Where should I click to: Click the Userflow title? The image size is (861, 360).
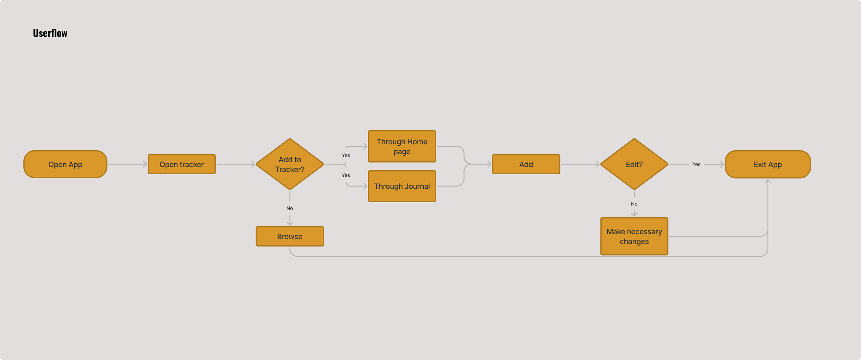pos(50,33)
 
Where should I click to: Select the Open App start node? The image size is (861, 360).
pos(65,164)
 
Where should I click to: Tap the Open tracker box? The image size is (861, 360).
pos(181,164)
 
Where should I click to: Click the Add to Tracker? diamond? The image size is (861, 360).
pos(290,164)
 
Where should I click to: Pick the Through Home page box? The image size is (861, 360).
pos(402,146)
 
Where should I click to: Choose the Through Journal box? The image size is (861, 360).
pos(402,186)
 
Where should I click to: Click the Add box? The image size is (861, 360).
pos(526,164)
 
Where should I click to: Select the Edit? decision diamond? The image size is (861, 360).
pos(634,164)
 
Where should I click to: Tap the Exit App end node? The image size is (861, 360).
pos(768,164)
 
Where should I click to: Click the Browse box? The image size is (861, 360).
pos(290,236)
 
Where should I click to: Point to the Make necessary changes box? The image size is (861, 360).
pos(634,236)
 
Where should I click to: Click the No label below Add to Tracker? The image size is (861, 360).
pos(290,208)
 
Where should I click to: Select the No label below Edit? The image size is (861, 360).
pos(634,204)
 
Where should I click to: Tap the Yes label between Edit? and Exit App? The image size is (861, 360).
pos(696,164)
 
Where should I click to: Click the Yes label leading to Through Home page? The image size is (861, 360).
pos(346,155)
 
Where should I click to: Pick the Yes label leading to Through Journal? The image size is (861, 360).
pos(346,175)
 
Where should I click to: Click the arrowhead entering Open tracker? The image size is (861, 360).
pos(145,164)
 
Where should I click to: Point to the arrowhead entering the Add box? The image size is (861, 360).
pos(489,164)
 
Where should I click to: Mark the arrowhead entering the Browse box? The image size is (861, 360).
pos(290,223)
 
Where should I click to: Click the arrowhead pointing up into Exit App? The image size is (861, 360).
pos(768,181)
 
